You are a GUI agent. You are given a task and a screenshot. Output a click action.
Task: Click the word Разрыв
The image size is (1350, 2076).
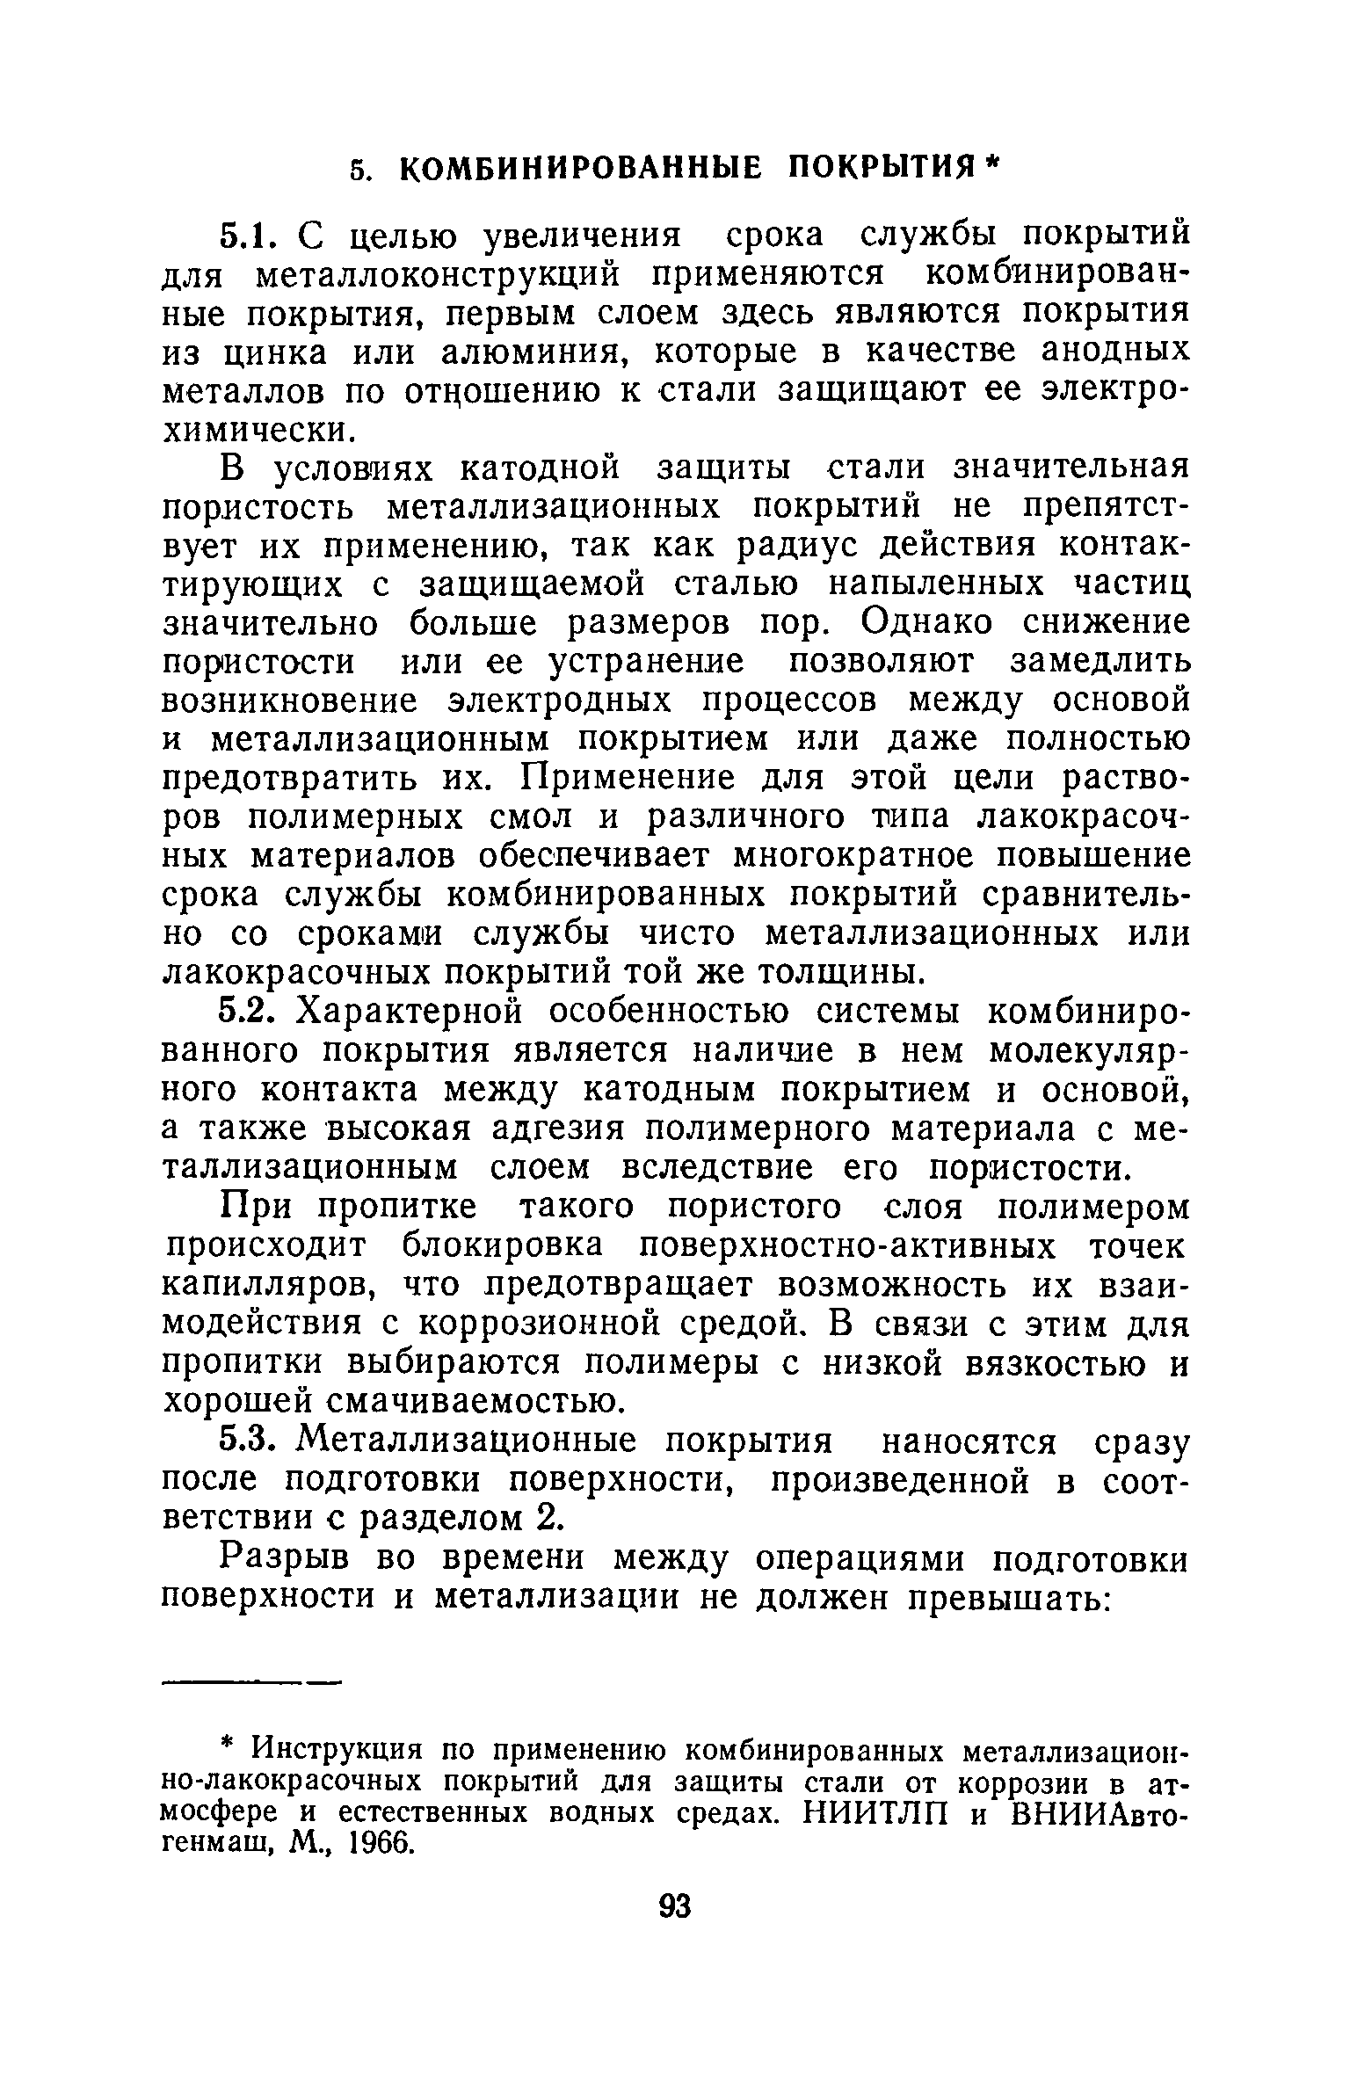point(282,1558)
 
